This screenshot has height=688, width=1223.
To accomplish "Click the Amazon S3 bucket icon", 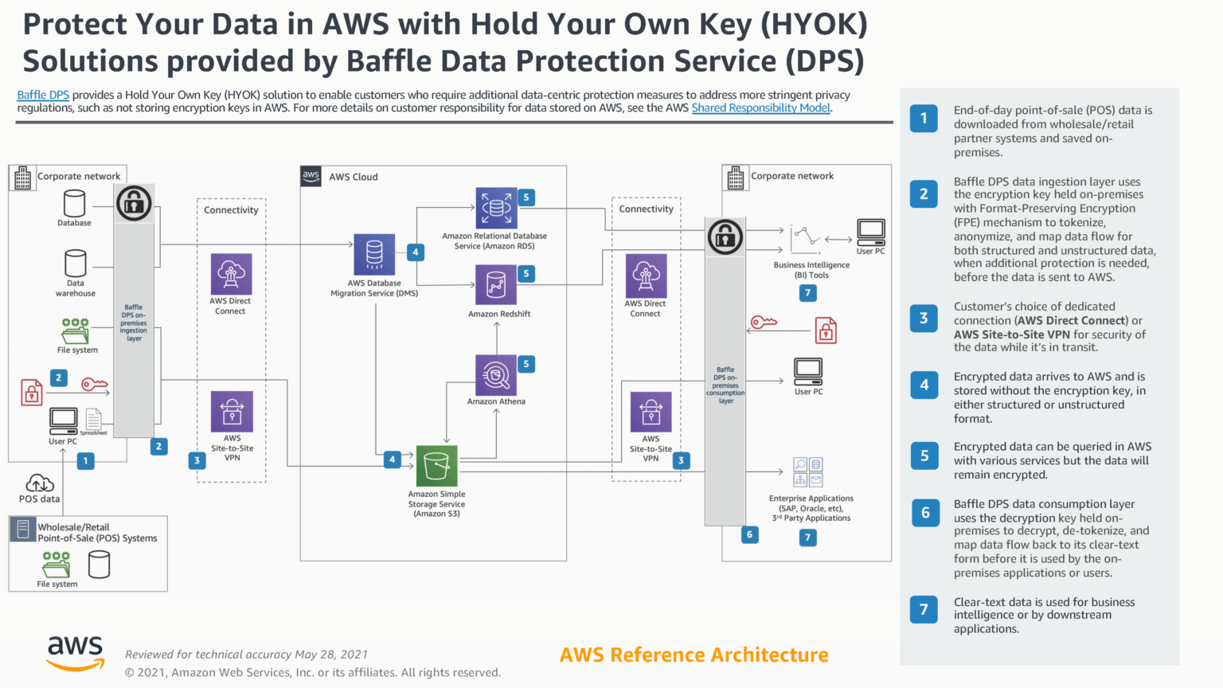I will click(436, 466).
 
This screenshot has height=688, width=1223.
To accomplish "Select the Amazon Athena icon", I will click(496, 375).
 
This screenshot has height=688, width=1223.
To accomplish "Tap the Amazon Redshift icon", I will click(496, 285).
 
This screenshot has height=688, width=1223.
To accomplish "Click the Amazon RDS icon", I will click(496, 209).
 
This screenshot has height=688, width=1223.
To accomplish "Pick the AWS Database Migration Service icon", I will click(374, 255).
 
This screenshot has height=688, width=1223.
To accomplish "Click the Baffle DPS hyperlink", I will click(43, 95).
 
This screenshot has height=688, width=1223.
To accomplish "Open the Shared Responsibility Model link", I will click(760, 108).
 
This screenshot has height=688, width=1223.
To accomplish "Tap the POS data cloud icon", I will click(40, 483).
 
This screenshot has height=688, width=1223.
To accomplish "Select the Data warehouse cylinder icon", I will click(76, 263).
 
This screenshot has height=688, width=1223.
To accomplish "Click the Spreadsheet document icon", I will click(93, 419).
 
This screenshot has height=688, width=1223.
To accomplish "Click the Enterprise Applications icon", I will click(808, 472).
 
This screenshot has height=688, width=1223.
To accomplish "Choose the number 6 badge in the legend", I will click(924, 513).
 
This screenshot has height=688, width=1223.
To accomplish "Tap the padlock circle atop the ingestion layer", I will click(134, 203).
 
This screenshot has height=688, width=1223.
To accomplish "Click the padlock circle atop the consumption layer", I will click(725, 236).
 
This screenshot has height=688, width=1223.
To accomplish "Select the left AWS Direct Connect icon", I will click(231, 274).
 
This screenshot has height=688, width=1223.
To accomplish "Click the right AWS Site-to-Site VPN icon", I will click(651, 412).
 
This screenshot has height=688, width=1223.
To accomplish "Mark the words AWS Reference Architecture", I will click(694, 655).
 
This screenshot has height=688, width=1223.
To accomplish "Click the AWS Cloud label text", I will click(354, 177).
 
